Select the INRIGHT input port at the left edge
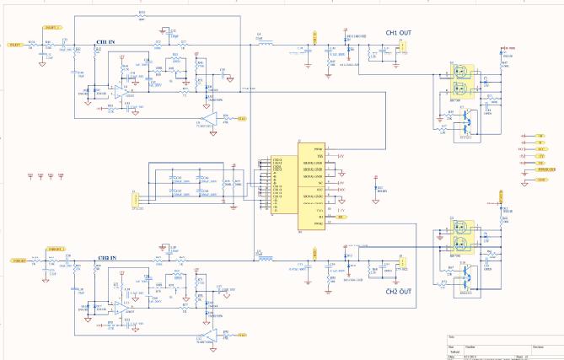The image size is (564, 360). pyautogui.click(x=13, y=262)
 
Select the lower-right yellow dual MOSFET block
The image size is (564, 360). pyautogui.click(x=461, y=236)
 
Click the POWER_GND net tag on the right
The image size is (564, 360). pyautogui.click(x=545, y=171)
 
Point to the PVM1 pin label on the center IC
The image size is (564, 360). pyautogui.click(x=319, y=148)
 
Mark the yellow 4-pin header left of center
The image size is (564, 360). pyautogui.click(x=134, y=199)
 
